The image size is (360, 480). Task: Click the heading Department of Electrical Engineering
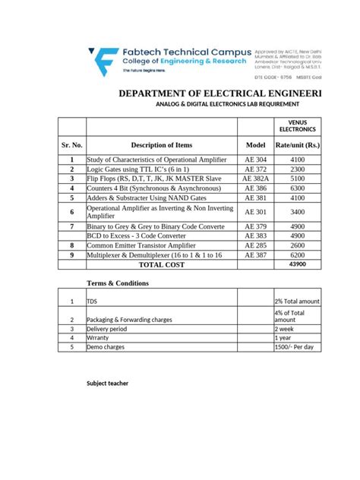coord(219,93)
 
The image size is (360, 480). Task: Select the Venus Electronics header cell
coord(298,126)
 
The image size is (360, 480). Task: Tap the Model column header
coord(255,144)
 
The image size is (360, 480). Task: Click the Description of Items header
coord(162,144)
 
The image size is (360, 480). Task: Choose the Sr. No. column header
coord(72,144)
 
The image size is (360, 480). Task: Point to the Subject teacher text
coord(107,384)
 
